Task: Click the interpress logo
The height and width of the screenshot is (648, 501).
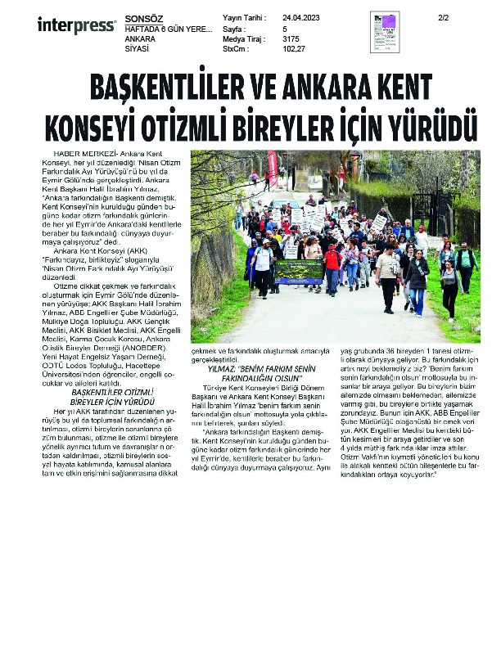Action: click(75, 26)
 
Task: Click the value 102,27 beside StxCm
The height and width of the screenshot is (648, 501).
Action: click(294, 48)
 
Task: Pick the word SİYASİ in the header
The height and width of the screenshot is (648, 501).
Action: click(136, 48)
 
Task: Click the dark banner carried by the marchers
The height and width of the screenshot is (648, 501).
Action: click(299, 272)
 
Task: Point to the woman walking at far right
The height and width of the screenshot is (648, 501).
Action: click(450, 286)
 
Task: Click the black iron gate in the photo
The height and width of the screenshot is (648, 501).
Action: click(426, 214)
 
